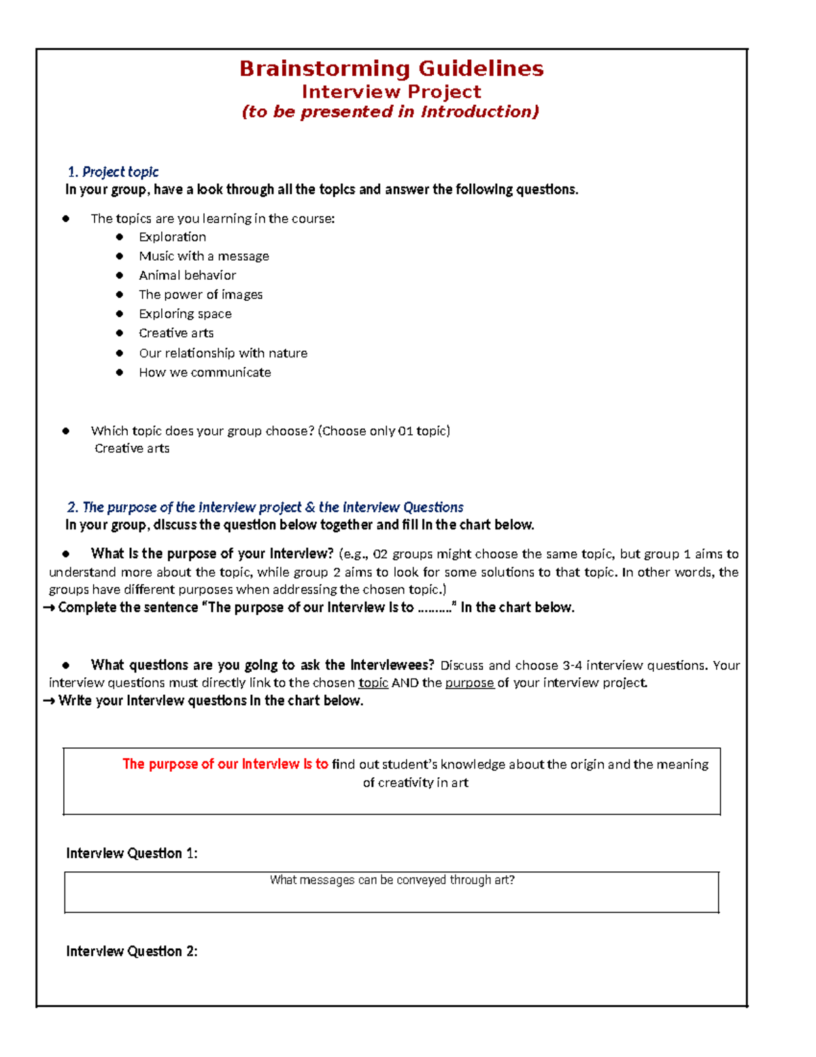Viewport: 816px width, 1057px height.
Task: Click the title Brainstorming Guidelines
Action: (x=391, y=69)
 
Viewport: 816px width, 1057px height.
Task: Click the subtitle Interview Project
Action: (x=391, y=92)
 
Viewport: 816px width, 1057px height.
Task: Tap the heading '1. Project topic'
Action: (x=113, y=172)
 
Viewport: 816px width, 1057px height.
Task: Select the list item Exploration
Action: (x=172, y=237)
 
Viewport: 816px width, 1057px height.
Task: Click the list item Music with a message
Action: (x=203, y=257)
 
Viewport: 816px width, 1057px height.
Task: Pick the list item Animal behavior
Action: (x=187, y=276)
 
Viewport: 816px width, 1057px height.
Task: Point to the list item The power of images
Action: (x=200, y=295)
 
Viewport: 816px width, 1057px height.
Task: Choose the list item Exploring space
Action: (x=185, y=314)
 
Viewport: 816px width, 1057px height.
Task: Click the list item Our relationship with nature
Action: (x=222, y=353)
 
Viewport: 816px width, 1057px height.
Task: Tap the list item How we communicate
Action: (x=204, y=372)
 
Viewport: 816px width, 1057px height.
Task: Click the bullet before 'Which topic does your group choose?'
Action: (x=66, y=431)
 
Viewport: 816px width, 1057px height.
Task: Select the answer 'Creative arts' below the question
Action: (x=132, y=449)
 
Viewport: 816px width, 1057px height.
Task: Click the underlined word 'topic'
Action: (x=373, y=683)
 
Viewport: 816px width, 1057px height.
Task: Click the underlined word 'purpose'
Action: (x=469, y=683)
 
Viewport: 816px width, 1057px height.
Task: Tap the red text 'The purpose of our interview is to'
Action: (x=225, y=764)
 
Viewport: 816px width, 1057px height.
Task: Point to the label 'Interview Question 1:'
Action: (x=131, y=853)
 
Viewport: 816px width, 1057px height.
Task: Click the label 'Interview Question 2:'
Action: (x=131, y=952)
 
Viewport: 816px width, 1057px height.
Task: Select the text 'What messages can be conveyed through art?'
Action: (x=392, y=880)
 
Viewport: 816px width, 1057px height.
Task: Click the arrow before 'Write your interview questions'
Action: (x=49, y=701)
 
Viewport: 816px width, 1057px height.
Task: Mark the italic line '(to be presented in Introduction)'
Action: (x=390, y=112)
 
